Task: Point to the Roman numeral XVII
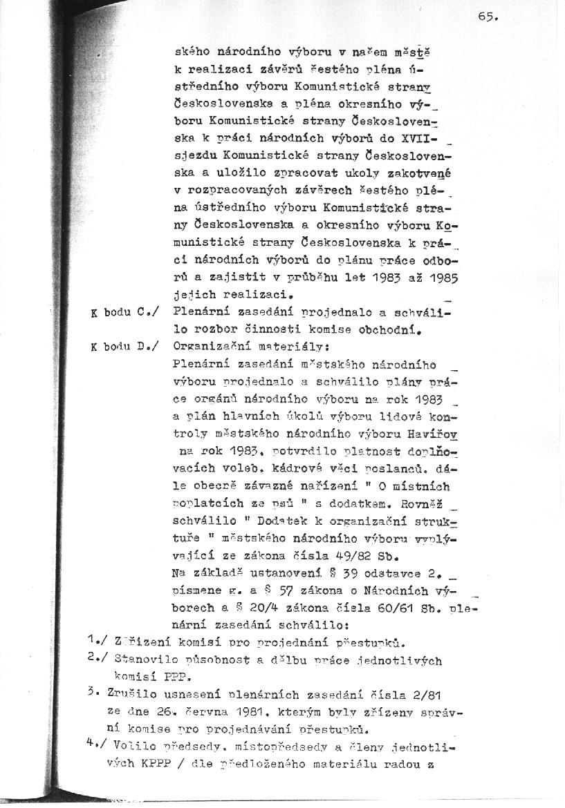pyautogui.click(x=429, y=149)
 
